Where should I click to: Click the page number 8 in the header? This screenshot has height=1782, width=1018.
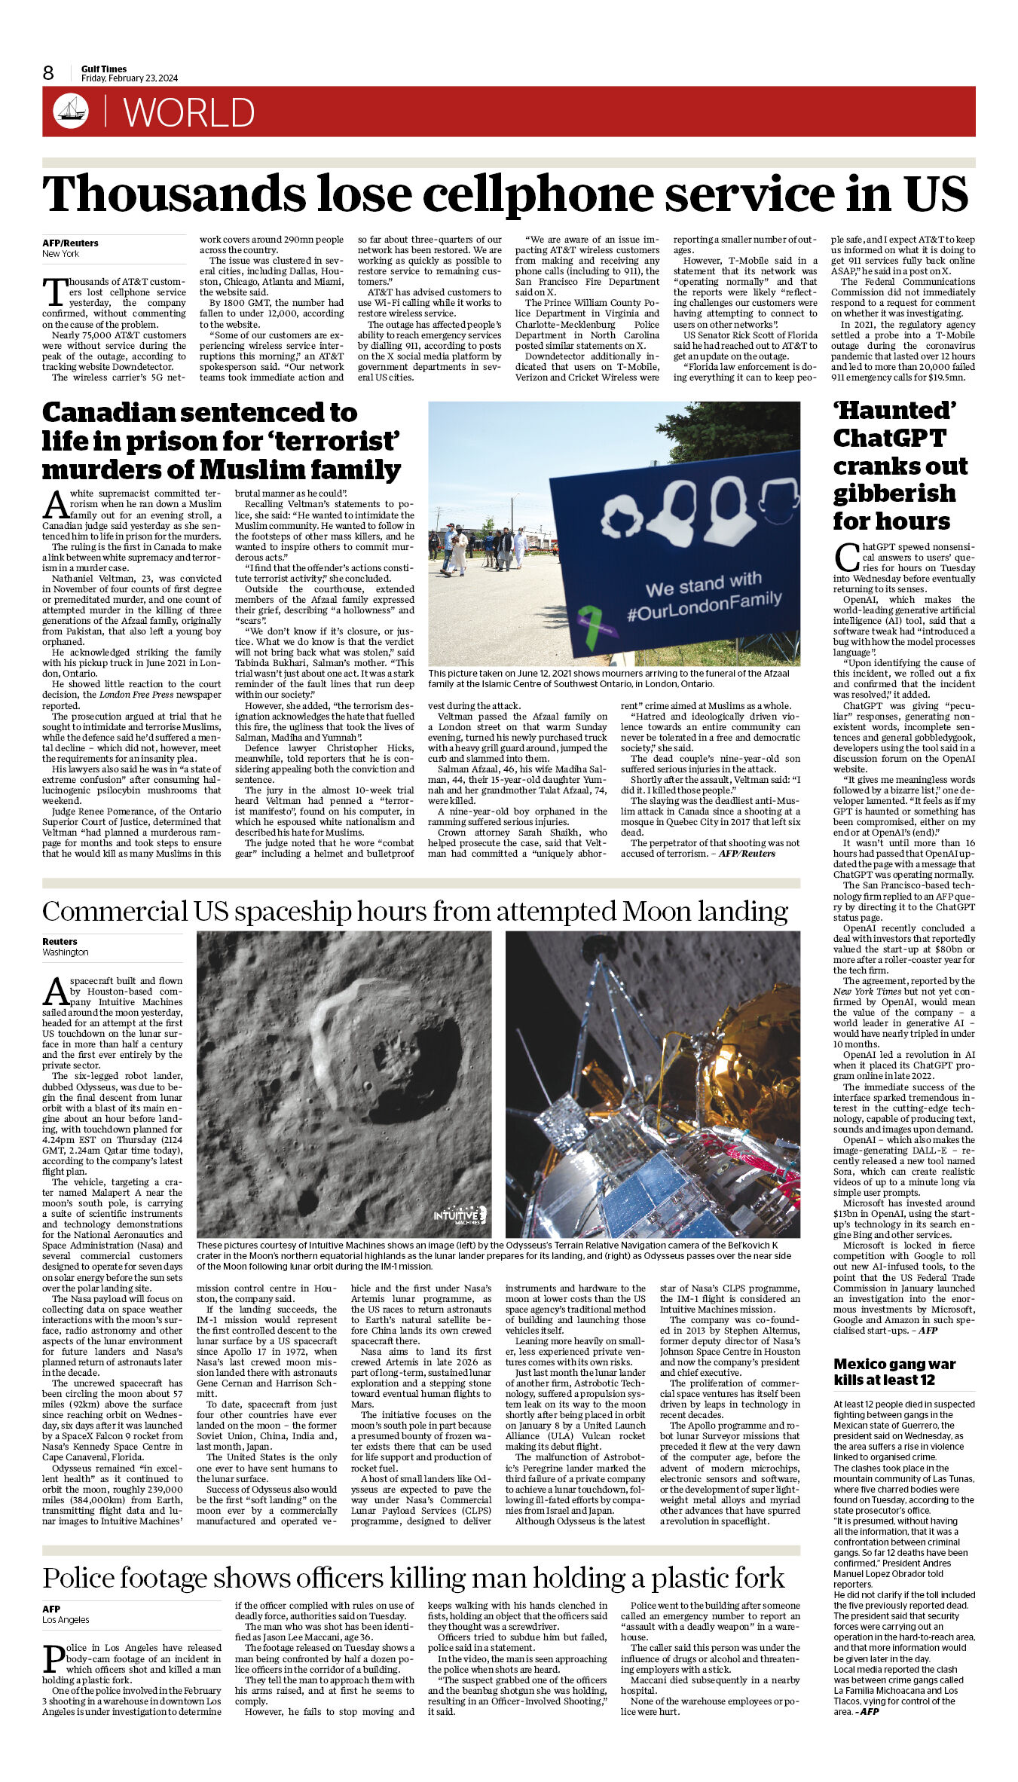tap(48, 73)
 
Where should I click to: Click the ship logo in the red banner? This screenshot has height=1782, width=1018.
tap(71, 112)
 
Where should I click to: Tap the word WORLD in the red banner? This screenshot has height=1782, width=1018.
tap(189, 113)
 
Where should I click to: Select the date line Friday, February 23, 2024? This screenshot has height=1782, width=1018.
tap(130, 78)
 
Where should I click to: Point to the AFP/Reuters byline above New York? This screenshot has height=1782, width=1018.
tap(70, 243)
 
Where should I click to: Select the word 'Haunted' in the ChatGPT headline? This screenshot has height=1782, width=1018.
tap(894, 411)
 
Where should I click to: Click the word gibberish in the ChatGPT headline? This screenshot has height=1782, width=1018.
tap(894, 494)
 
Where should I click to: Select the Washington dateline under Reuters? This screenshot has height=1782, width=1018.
tap(66, 952)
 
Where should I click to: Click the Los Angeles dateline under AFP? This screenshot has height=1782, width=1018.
tap(66, 1619)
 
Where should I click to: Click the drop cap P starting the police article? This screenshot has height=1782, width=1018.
tap(53, 1658)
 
